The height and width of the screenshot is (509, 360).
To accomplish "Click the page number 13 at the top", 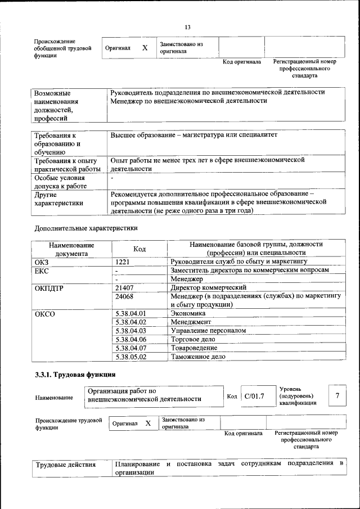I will pyautogui.click(x=188, y=27).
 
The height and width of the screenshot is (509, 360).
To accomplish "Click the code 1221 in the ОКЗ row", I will pyautogui.click(x=123, y=262).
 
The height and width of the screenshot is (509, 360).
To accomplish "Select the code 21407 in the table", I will pyautogui.click(x=124, y=287).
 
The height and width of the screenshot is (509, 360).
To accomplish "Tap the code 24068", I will pyautogui.click(x=124, y=296).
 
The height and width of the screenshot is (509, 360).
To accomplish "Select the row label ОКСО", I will pyautogui.click(x=45, y=313).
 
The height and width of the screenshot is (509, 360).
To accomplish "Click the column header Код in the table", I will pyautogui.click(x=139, y=249).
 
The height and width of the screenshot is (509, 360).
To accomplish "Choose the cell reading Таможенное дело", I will pyautogui.click(x=198, y=357).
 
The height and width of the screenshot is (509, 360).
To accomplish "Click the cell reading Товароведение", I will pyautogui.click(x=194, y=348).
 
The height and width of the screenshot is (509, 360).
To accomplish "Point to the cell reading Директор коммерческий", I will pyautogui.click(x=209, y=287).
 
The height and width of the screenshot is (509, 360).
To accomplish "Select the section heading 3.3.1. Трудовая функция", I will pyautogui.click(x=75, y=374).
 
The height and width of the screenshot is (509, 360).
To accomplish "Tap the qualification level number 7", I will pyautogui.click(x=337, y=396).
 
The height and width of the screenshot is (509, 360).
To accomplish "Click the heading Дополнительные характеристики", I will pyautogui.click(x=86, y=228).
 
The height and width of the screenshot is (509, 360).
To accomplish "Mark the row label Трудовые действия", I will pyautogui.click(x=66, y=465).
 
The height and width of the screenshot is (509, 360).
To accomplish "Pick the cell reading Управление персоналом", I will pyautogui.click(x=208, y=331).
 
